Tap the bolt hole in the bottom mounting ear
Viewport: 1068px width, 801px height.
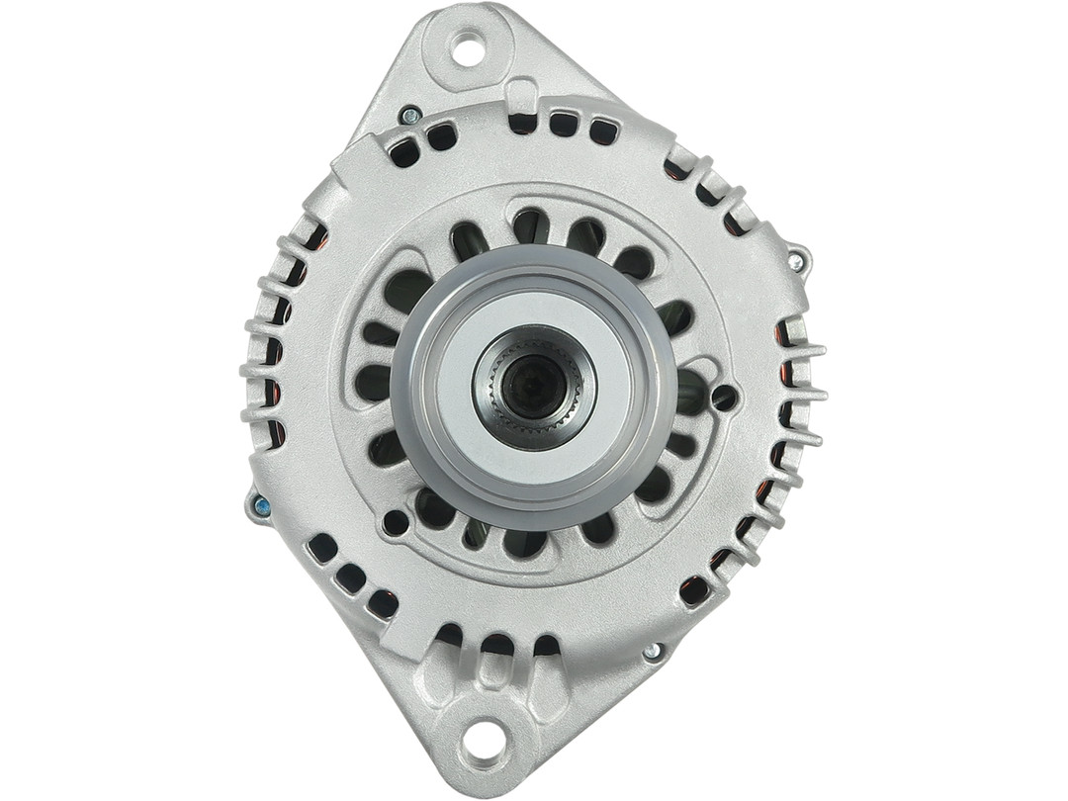[x=484, y=737]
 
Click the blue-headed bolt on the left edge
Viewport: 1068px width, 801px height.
[x=261, y=506]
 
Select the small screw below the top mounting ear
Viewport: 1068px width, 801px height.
[x=409, y=116]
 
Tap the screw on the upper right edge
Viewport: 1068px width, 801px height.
[x=794, y=261]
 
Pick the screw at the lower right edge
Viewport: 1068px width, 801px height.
[x=652, y=651]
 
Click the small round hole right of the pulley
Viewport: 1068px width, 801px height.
[x=724, y=398]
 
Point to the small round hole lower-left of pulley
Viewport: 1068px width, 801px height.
[x=396, y=522]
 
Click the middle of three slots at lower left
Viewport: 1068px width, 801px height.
[x=350, y=578]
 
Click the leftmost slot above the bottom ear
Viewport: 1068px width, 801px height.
[x=450, y=634]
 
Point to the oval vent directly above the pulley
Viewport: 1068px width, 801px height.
[x=531, y=226]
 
